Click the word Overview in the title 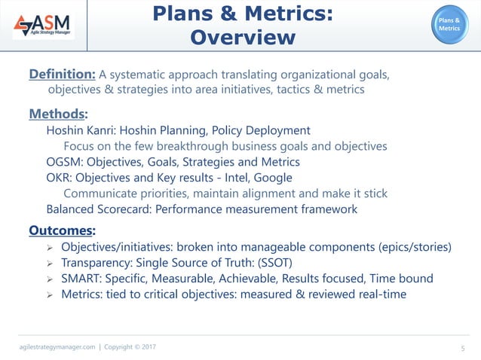(243, 38)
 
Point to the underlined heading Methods (57, 114)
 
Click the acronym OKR (59, 178)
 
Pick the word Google (273, 178)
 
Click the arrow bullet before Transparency (49, 264)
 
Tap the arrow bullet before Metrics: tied (49, 295)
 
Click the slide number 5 (462, 347)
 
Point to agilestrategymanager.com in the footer (57, 346)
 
